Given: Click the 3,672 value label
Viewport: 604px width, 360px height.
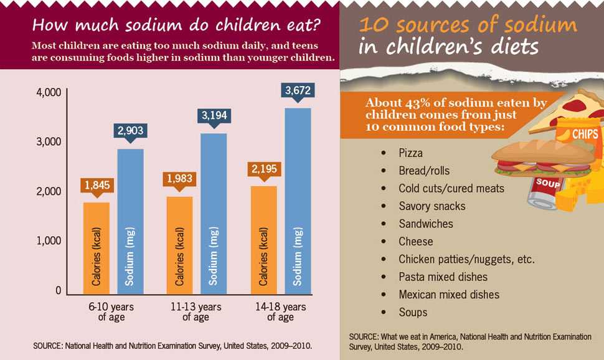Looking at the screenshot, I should pos(298,91).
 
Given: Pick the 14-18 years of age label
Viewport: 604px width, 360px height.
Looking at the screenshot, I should pos(280,312).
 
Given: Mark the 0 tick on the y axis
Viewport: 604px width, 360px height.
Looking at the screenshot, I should pos(57,290).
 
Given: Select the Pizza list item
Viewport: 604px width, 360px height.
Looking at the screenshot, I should pos(410,153).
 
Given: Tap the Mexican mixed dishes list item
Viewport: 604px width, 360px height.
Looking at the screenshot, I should pos(449,295).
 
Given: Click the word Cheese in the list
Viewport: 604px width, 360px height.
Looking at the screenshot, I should pos(415,241).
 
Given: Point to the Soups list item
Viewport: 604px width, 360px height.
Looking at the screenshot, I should pos(413,312).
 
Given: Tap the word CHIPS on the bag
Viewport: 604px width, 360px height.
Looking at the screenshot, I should pos(585,134).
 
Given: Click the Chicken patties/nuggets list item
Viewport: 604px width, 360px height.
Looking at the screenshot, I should pos(466,259).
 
